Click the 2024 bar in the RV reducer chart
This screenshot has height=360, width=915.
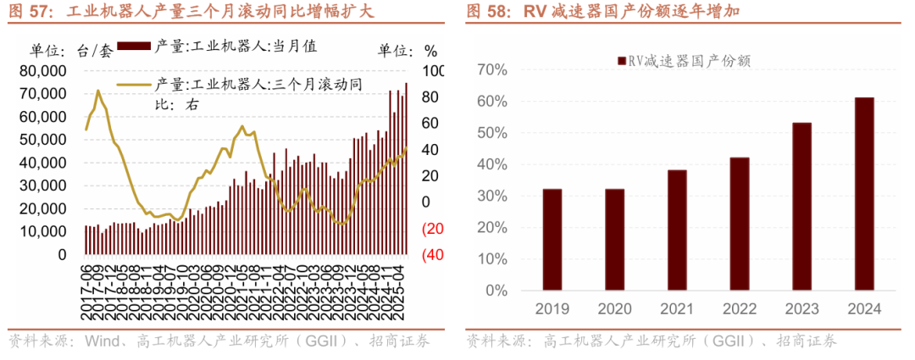[863, 194]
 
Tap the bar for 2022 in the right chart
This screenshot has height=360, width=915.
[739, 224]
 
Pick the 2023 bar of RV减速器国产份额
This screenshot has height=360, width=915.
[801, 207]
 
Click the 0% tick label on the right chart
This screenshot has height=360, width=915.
[496, 291]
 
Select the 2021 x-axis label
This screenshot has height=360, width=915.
[676, 309]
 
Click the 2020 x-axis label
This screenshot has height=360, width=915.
[614, 309]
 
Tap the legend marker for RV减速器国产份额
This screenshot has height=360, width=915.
[622, 61]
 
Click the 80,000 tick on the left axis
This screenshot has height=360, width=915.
[42, 70]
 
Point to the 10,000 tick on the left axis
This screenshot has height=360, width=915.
[42, 231]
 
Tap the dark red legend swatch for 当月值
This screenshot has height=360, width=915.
[135, 46]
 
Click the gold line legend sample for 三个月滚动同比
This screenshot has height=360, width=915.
[135, 84]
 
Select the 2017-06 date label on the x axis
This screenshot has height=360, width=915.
[87, 292]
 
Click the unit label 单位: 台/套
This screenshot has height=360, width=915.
[71, 50]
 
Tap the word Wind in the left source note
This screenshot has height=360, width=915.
[103, 342]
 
